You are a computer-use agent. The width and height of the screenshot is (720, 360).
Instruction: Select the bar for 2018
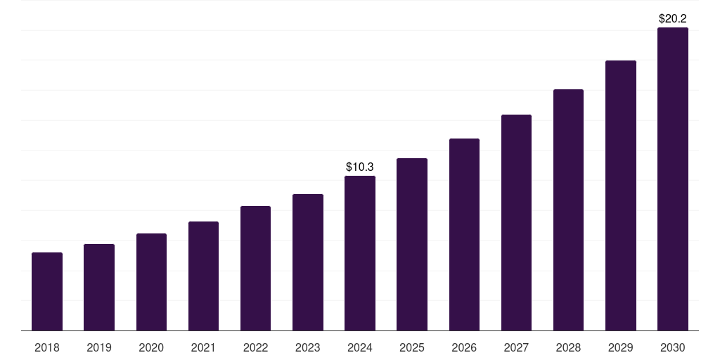click(47, 291)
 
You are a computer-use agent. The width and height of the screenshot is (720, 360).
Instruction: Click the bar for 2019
click(99, 287)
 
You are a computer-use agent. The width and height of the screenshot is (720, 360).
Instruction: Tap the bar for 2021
click(203, 276)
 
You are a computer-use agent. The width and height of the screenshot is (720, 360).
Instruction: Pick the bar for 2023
click(308, 262)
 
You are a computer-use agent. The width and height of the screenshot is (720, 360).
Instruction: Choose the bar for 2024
click(360, 253)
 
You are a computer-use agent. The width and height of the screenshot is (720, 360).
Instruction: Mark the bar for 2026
click(464, 234)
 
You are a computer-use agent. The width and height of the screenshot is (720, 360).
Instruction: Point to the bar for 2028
click(568, 210)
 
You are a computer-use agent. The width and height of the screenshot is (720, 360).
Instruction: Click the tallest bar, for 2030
click(673, 179)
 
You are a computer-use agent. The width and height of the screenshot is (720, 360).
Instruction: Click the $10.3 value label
click(360, 167)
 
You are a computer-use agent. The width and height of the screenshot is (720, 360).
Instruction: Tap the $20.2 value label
click(673, 18)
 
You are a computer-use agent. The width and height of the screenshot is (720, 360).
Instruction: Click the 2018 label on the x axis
click(47, 347)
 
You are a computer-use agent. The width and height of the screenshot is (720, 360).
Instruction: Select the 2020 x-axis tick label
click(151, 347)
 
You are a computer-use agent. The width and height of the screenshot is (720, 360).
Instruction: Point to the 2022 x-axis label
click(255, 347)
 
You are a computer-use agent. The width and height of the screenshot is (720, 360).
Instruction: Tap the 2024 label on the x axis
click(360, 347)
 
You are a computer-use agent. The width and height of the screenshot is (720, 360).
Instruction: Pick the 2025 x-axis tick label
click(412, 347)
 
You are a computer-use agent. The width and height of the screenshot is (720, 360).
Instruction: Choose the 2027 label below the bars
click(516, 347)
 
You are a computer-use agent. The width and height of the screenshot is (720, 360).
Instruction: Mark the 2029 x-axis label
click(620, 347)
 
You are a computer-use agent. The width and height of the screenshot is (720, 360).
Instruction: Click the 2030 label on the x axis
click(673, 347)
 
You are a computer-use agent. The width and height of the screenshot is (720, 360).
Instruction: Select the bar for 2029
click(620, 195)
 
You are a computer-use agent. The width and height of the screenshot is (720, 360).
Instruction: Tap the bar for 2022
click(255, 268)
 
